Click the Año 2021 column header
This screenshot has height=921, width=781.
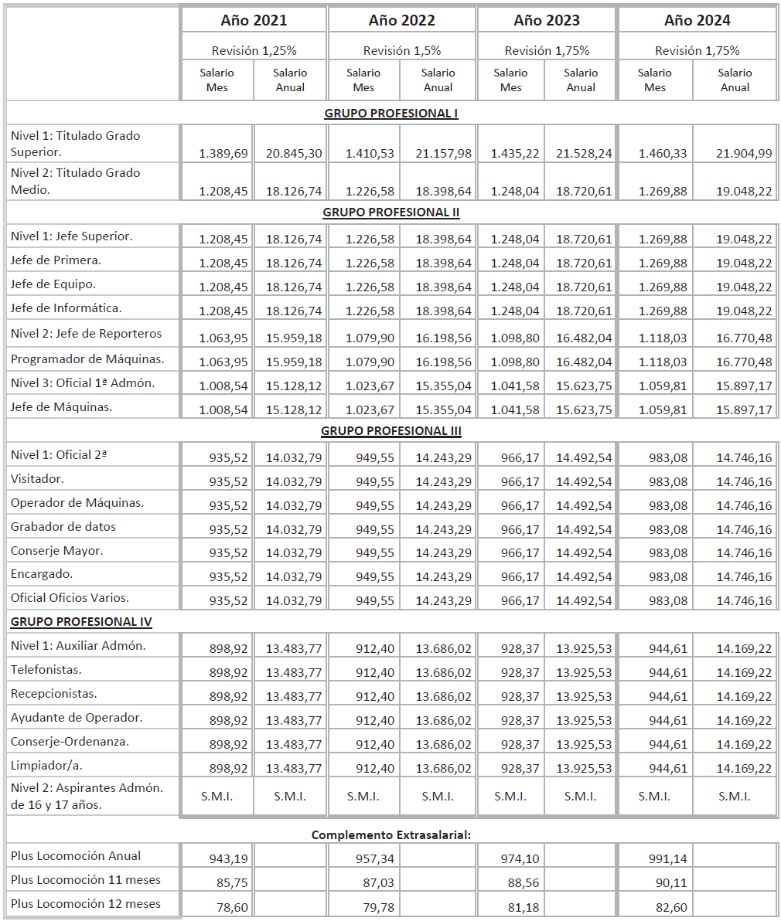click(x=254, y=20)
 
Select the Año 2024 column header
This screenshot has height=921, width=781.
click(x=697, y=20)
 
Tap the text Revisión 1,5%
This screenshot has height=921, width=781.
click(x=402, y=50)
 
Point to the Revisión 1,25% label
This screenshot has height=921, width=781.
click(x=254, y=50)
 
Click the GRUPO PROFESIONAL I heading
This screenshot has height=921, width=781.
click(x=390, y=113)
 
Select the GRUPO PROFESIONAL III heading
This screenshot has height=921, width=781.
click(x=390, y=430)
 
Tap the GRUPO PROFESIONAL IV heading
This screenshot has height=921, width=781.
click(x=81, y=621)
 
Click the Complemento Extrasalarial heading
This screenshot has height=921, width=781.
click(x=390, y=834)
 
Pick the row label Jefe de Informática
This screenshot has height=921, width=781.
click(x=67, y=308)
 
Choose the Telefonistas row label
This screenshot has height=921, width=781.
click(x=46, y=669)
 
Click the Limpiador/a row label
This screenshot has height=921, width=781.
click(x=46, y=765)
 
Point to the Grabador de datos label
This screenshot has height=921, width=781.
click(x=63, y=526)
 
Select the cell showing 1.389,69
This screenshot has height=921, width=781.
click(x=223, y=154)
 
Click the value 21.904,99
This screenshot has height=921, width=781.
click(x=744, y=154)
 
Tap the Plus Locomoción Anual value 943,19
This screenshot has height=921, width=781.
click(x=229, y=858)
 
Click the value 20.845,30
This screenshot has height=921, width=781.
click(x=294, y=154)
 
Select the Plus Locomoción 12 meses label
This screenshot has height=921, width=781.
click(x=86, y=903)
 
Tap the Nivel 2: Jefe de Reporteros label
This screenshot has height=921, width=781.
click(x=87, y=334)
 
